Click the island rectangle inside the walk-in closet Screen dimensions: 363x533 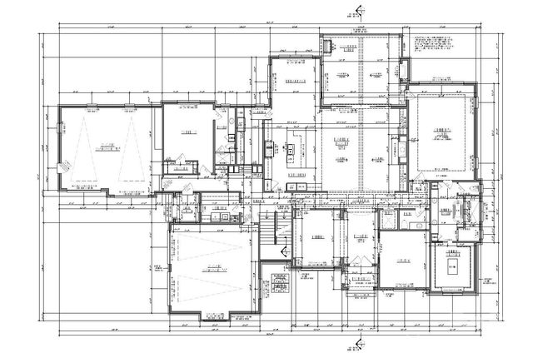point(452,267)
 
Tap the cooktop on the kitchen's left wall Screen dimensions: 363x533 point(269,150)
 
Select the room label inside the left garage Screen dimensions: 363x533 point(105,149)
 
